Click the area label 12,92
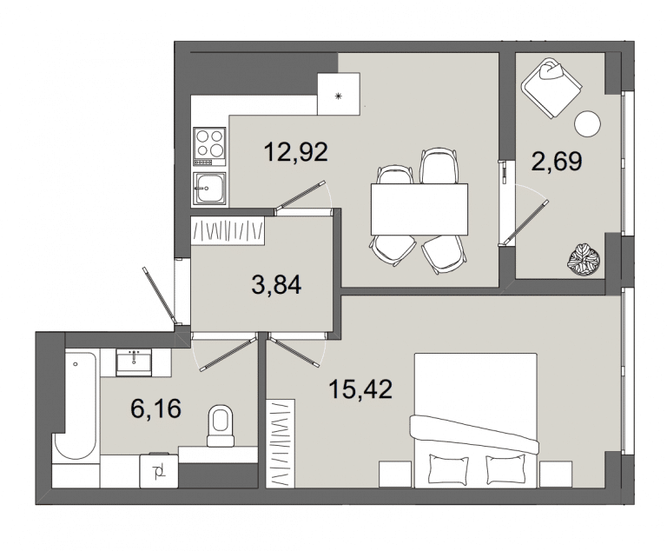pos(295,152)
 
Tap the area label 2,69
pos(557,162)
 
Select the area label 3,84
pos(276,285)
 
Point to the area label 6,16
pos(156,408)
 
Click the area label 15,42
pos(360,389)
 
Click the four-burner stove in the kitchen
pos(209,147)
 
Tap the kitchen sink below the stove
pos(209,189)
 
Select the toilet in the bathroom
pos(221,426)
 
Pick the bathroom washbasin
pos(134,362)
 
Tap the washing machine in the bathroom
pos(159,471)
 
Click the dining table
pos(419,209)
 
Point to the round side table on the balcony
pos(587,124)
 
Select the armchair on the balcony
pos(551,88)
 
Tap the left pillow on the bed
pos(448,468)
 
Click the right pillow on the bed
pos(505,468)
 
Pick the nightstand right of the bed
pos(555,475)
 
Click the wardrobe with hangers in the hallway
pos(228,231)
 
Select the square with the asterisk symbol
pos(339,94)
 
